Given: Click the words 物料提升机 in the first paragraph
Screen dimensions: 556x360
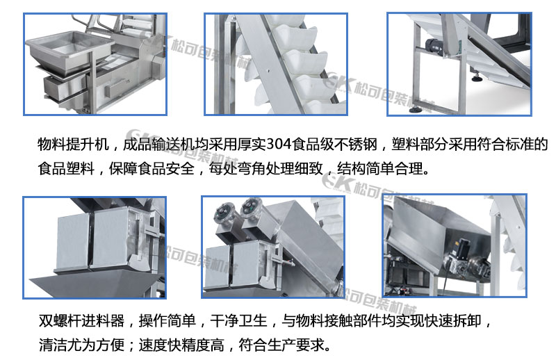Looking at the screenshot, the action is tap(73, 145).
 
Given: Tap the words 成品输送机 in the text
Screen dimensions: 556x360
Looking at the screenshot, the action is tap(158, 145).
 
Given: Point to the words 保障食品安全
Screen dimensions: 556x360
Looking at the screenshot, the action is tap(152, 168).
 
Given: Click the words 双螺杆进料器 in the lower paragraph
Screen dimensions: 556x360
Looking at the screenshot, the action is tap(81, 320).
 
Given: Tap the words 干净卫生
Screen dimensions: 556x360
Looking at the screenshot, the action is tap(238, 320).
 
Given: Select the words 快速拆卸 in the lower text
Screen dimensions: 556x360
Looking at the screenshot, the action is tap(453, 320).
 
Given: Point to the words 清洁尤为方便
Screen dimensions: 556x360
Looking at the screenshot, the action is tap(81, 345).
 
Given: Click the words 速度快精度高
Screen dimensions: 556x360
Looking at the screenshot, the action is tap(181, 345).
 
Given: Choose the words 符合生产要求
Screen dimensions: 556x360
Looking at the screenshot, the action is tap(281, 345).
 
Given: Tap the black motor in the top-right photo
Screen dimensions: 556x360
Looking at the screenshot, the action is tap(435, 47).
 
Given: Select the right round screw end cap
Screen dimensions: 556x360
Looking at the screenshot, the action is tap(251, 207).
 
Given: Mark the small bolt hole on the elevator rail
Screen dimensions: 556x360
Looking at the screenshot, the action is tap(268, 70).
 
